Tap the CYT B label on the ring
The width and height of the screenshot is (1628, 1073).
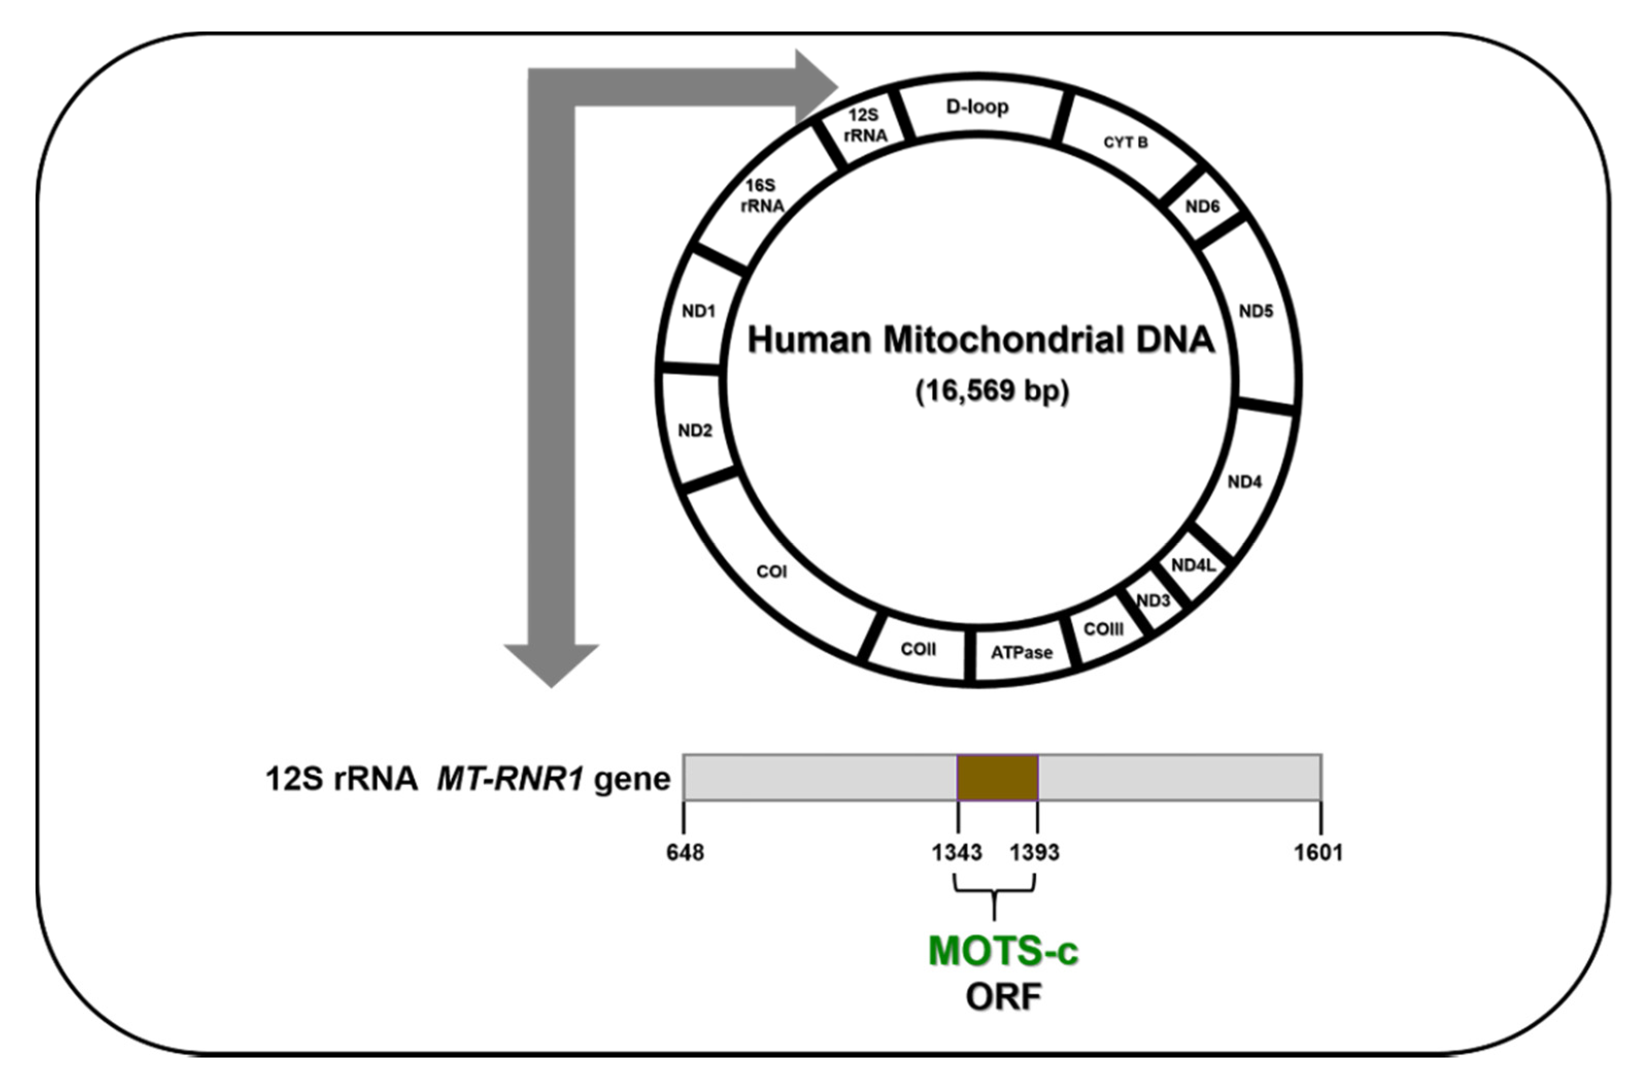click(x=1126, y=142)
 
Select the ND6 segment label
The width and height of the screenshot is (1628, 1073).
click(x=1202, y=206)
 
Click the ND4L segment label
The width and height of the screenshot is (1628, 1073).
click(x=1194, y=565)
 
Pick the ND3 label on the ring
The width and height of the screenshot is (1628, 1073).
click(x=1153, y=601)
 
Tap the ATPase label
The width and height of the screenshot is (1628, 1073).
click(x=1021, y=653)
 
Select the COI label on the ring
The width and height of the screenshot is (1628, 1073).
click(x=771, y=571)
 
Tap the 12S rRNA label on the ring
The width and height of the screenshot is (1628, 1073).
click(x=865, y=125)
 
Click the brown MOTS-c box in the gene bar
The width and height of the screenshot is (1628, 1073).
click(x=997, y=777)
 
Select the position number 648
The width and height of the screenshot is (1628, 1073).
click(x=685, y=853)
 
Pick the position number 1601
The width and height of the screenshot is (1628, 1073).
click(x=1318, y=853)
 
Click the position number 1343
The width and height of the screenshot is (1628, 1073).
click(x=957, y=853)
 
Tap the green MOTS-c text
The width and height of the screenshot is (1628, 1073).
click(x=1003, y=951)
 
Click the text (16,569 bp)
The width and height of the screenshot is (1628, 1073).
click(x=992, y=391)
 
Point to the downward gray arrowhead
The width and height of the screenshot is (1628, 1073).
click(x=552, y=664)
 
